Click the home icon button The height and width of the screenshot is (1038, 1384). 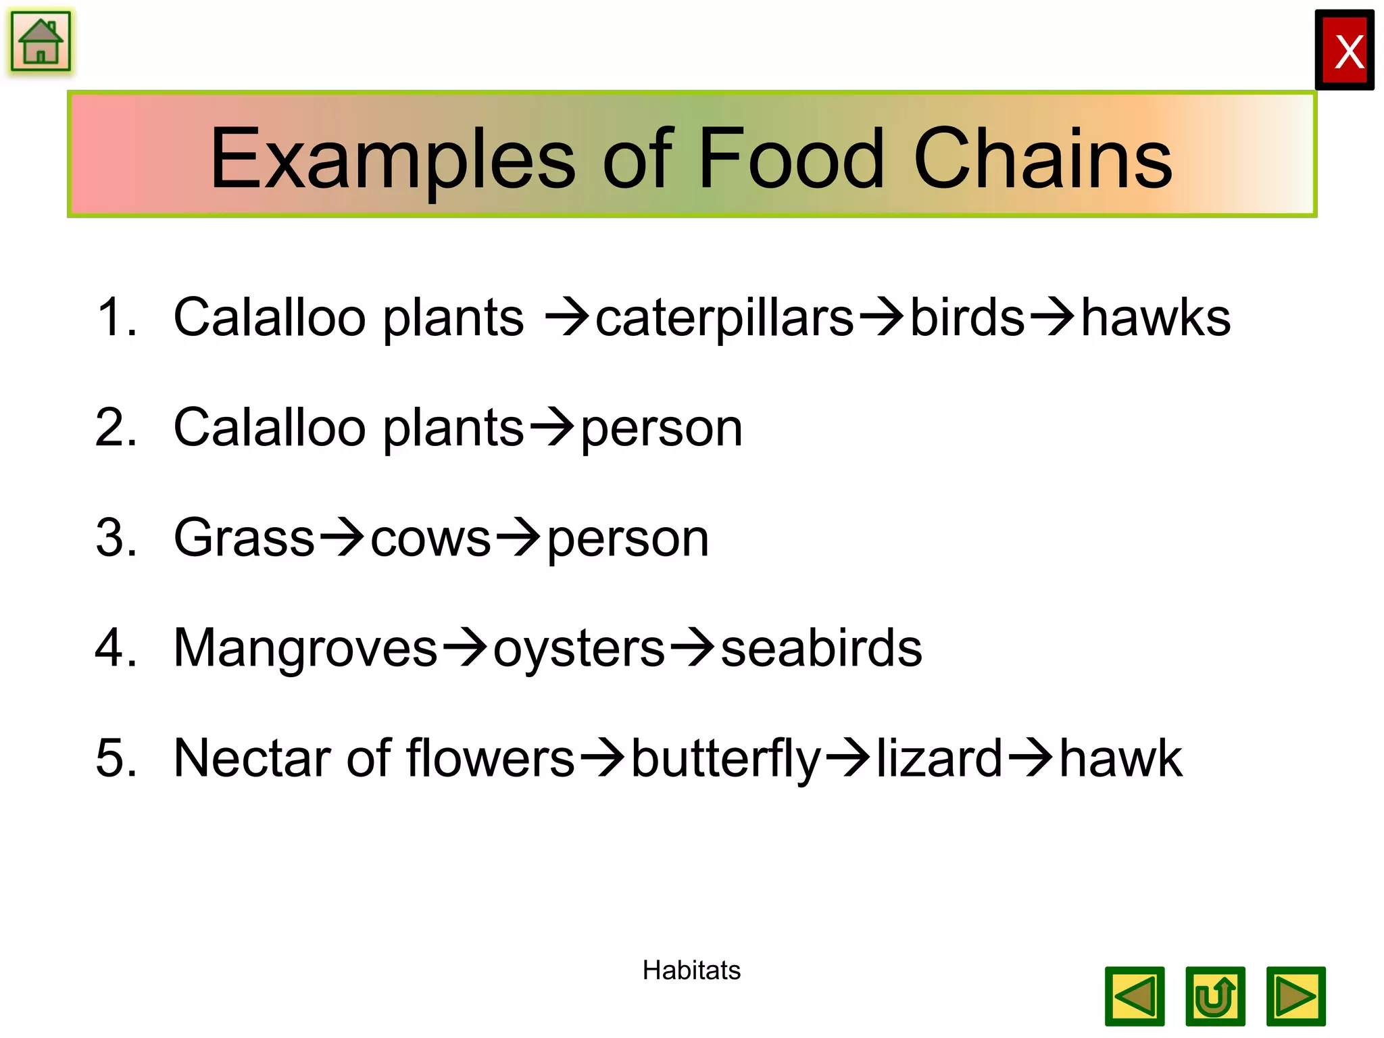point(41,42)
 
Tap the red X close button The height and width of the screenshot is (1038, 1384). point(1345,51)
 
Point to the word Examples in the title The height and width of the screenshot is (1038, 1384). point(392,159)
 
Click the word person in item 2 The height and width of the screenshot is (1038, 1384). point(662,430)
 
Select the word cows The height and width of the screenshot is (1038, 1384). point(430,539)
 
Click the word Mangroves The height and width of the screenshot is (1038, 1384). point(305,649)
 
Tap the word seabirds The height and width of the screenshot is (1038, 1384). point(821,649)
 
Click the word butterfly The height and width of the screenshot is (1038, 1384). point(726,760)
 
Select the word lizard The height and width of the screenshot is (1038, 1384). point(939,758)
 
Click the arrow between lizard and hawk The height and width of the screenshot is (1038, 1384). point(1030,758)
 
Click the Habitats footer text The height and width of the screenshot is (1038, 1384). point(691,970)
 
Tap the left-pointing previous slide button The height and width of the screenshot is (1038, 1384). point(1135,997)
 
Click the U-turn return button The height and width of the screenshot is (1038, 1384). point(1215,997)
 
